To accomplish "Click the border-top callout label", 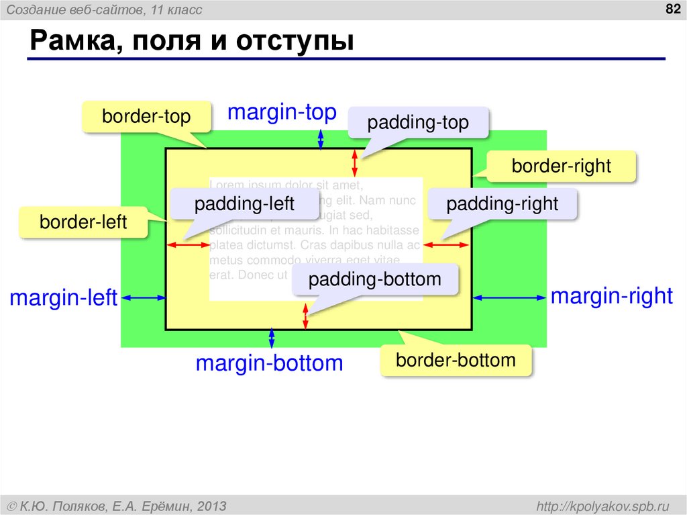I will (146, 117).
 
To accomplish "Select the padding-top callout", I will (417, 124).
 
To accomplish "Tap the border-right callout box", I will (561, 166).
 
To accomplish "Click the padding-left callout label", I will (244, 204).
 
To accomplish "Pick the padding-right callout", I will (502, 204).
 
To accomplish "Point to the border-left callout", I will (83, 222).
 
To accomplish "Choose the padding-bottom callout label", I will (375, 279).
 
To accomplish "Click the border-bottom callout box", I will (456, 360).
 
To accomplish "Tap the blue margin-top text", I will (282, 112).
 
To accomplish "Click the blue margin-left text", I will (64, 297).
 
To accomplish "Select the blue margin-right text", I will (611, 296).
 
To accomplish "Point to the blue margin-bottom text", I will (269, 363).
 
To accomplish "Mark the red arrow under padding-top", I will (356, 163).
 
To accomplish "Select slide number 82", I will (672, 8).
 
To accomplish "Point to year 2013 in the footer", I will (213, 505).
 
